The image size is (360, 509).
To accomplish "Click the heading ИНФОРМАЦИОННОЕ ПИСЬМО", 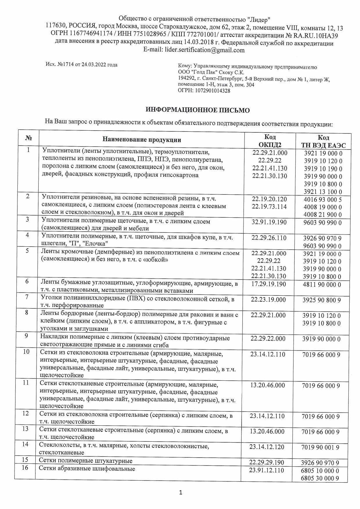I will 197,110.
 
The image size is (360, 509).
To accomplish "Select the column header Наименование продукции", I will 142,140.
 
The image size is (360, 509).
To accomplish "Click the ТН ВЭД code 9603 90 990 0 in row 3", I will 323,223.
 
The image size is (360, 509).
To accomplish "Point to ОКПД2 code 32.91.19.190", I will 269,222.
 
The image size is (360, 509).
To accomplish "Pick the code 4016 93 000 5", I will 323,200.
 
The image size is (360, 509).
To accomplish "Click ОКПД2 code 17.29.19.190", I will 269,284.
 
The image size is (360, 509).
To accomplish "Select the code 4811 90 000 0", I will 322,284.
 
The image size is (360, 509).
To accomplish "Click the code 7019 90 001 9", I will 321,447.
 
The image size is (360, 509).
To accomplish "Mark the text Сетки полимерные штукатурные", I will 86,461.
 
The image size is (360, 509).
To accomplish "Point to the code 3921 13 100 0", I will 323,192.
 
